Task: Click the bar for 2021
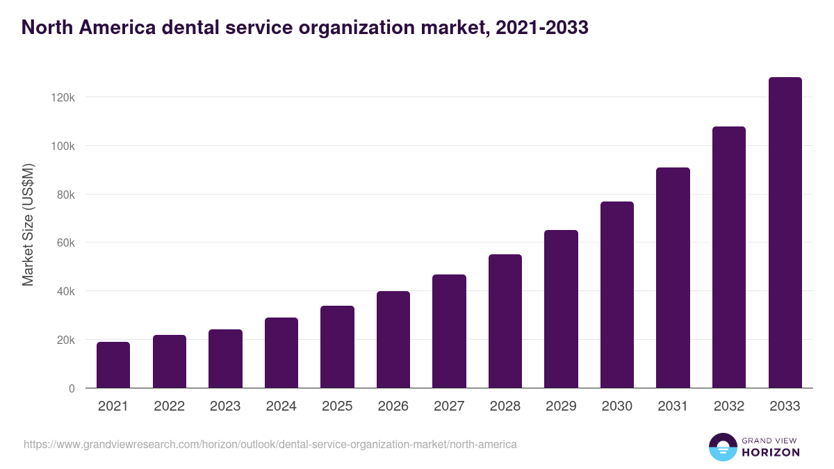click(113, 365)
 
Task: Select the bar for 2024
click(281, 353)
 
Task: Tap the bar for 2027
click(449, 331)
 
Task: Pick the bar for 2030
click(617, 295)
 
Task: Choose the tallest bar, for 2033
click(785, 233)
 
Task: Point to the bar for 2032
click(729, 257)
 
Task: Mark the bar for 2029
click(561, 309)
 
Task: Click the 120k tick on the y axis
click(63, 98)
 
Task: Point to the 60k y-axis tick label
click(65, 243)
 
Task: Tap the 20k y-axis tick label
click(65, 340)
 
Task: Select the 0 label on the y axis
click(71, 389)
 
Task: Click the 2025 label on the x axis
click(337, 406)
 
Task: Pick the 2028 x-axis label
click(505, 406)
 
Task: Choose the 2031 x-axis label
click(673, 406)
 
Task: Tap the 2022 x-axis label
click(169, 406)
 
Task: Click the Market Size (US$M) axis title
click(28, 224)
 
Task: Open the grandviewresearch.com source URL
click(270, 444)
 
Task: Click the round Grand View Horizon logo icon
click(723, 447)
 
